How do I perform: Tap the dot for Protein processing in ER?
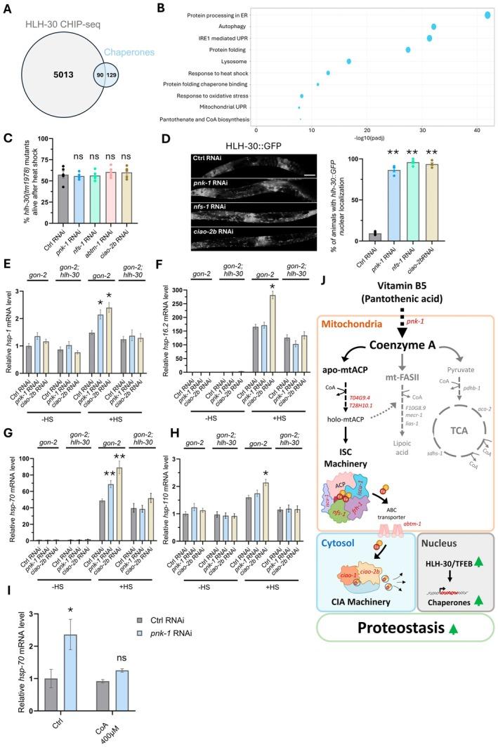coord(487,15)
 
